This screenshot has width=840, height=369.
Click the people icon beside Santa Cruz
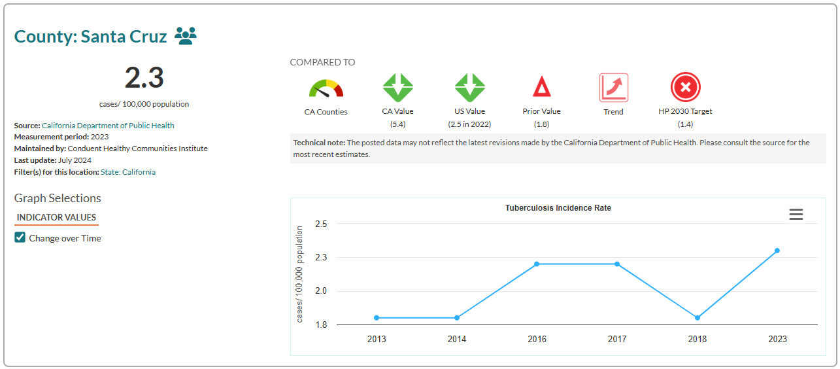pyautogui.click(x=186, y=36)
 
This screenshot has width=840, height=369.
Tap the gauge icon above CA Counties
pyautogui.click(x=326, y=88)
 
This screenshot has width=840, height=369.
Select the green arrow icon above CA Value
pyautogui.click(x=397, y=88)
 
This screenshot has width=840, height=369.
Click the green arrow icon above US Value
pyautogui.click(x=469, y=88)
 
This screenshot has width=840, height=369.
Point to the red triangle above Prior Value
pyautogui.click(x=541, y=87)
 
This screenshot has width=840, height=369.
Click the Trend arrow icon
pyautogui.click(x=613, y=88)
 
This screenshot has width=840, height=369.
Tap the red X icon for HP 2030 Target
pyautogui.click(x=685, y=87)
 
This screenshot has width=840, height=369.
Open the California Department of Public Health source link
pyautogui.click(x=108, y=125)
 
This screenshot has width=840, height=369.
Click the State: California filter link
pyautogui.click(x=128, y=172)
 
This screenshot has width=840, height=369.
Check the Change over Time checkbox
pyautogui.click(x=20, y=237)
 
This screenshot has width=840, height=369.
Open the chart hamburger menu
pyautogui.click(x=796, y=214)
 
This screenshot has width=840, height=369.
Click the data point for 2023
pyautogui.click(x=777, y=251)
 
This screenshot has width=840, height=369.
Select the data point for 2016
pyautogui.click(x=537, y=264)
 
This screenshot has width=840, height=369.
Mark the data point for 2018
pyautogui.click(x=697, y=318)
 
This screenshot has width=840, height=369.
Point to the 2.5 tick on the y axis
pyautogui.click(x=321, y=224)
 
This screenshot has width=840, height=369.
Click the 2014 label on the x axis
pyautogui.click(x=457, y=339)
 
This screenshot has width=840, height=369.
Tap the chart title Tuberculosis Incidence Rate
pyautogui.click(x=558, y=208)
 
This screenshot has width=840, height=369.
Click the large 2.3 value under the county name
pyautogui.click(x=144, y=79)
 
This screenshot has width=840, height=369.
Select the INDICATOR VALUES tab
pyautogui.click(x=56, y=217)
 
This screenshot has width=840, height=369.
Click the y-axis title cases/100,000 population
pyautogui.click(x=299, y=274)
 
